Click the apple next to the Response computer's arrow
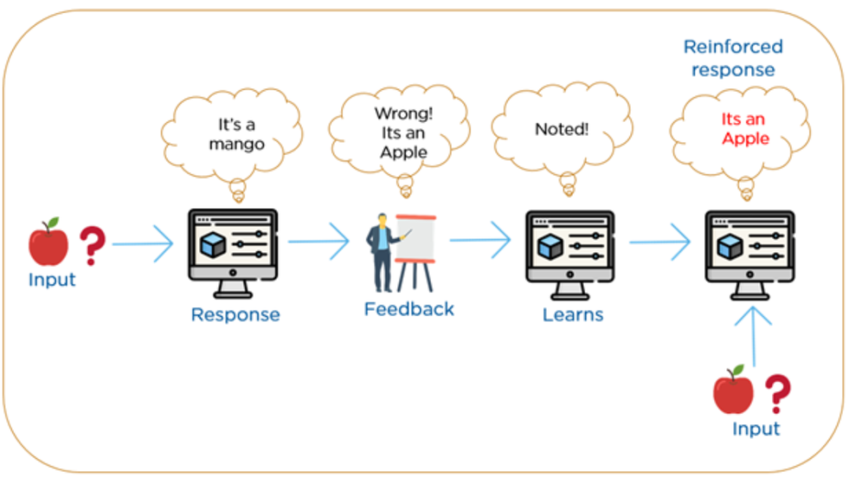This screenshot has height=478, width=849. (x=48, y=241)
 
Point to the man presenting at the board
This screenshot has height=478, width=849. (x=383, y=252)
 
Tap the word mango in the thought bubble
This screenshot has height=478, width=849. (x=236, y=144)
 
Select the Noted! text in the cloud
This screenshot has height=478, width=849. (x=561, y=129)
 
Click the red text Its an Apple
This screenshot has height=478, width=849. (x=745, y=129)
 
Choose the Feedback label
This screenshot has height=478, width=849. (x=409, y=310)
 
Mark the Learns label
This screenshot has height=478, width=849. (x=573, y=315)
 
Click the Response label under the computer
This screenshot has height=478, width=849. (x=235, y=315)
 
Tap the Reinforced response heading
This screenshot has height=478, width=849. (x=733, y=58)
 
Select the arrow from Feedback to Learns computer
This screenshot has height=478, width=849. (x=480, y=241)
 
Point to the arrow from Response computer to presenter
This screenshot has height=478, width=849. (x=318, y=242)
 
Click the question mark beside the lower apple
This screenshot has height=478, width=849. (x=777, y=393)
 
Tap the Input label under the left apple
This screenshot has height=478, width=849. (x=52, y=280)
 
